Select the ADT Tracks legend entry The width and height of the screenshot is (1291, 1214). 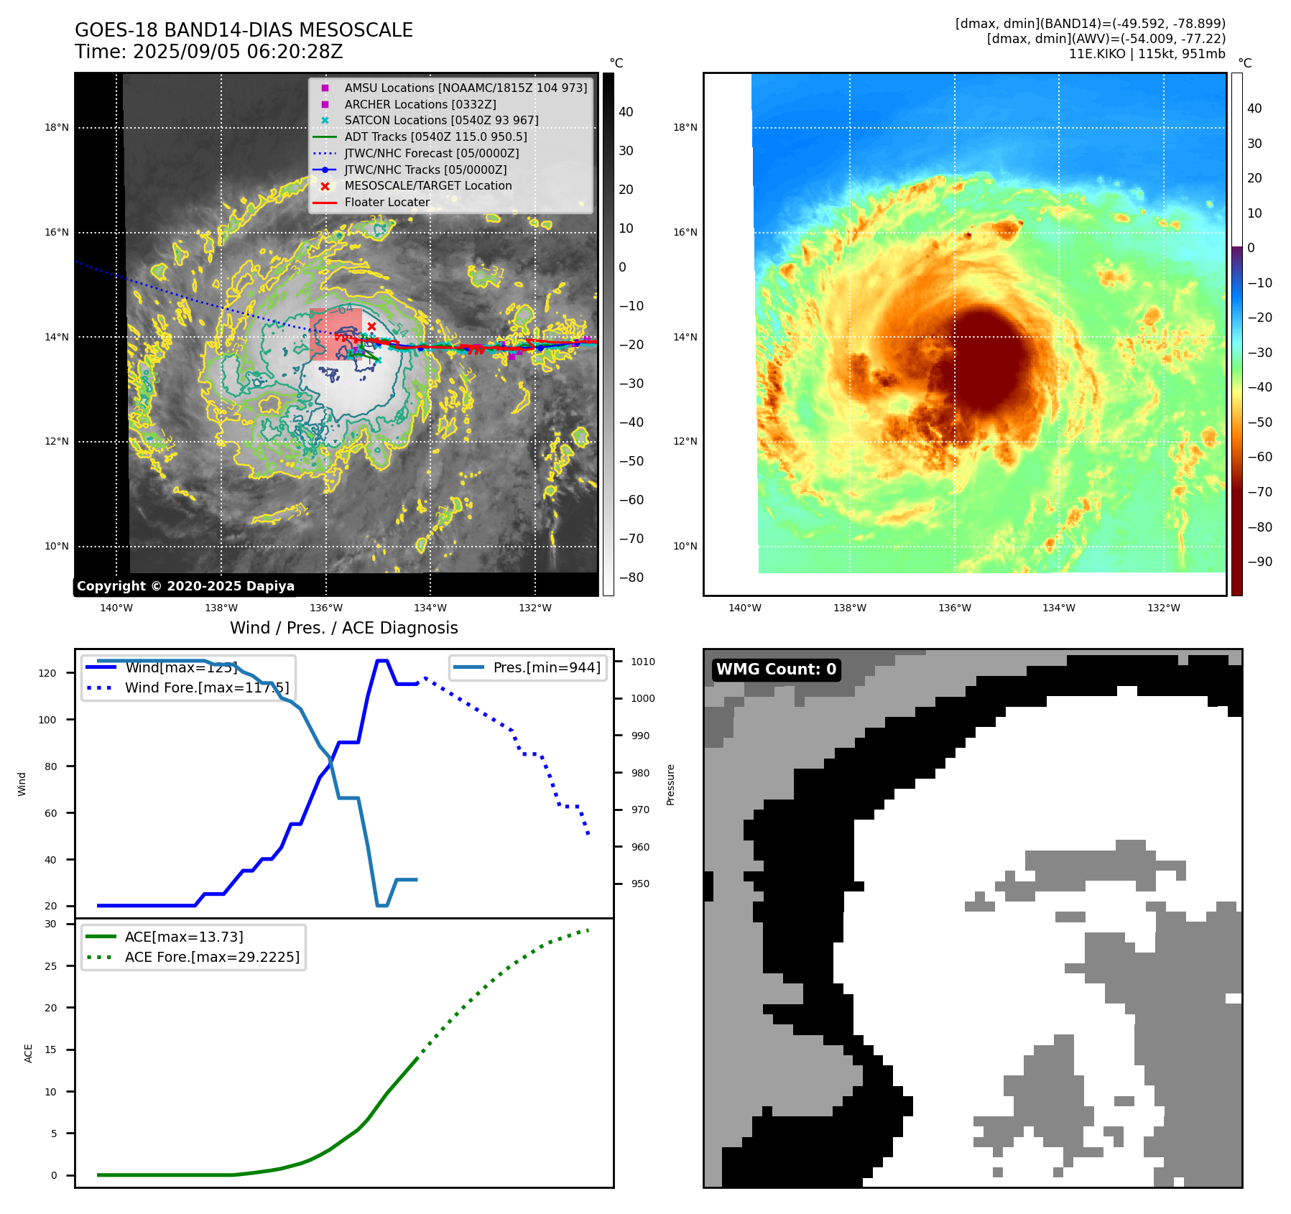(435, 136)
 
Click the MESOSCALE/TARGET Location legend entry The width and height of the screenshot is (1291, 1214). (428, 185)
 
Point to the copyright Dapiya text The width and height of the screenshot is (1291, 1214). (185, 586)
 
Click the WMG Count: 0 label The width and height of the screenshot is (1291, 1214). (776, 669)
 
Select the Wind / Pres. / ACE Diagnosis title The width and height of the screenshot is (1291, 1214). (343, 628)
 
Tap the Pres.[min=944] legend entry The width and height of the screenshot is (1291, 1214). (546, 667)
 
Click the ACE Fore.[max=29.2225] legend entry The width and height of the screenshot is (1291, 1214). (212, 957)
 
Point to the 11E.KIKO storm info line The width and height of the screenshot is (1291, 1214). (1147, 54)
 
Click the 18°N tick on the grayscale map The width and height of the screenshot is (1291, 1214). (57, 128)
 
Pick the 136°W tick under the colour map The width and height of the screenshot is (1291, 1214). (954, 608)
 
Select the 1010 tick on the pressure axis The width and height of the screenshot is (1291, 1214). (643, 662)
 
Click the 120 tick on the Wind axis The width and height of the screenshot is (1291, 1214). (47, 673)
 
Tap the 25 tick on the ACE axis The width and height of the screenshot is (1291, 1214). (50, 966)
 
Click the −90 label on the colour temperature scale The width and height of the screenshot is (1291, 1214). (1259, 562)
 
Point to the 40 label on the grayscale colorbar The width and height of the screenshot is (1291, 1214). (626, 112)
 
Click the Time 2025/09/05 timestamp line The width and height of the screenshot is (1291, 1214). (208, 52)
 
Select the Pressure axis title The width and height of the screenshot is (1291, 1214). (670, 784)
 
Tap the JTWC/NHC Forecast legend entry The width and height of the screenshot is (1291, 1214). (431, 153)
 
